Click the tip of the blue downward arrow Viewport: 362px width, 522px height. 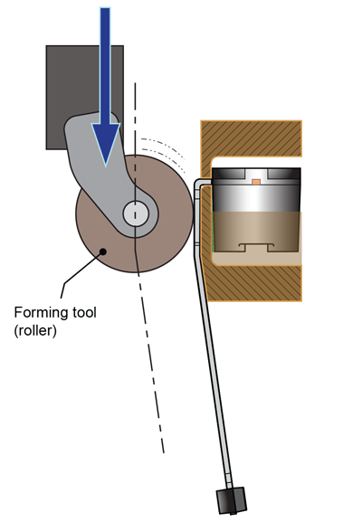[x=107, y=164]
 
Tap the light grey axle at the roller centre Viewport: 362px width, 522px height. [x=136, y=214]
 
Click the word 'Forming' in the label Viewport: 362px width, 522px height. [x=40, y=312]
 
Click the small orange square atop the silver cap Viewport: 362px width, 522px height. [x=256, y=182]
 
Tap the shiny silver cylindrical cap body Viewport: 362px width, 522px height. [x=255, y=199]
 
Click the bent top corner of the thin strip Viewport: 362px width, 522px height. [x=198, y=184]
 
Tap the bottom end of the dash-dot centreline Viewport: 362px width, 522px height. [x=163, y=450]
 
